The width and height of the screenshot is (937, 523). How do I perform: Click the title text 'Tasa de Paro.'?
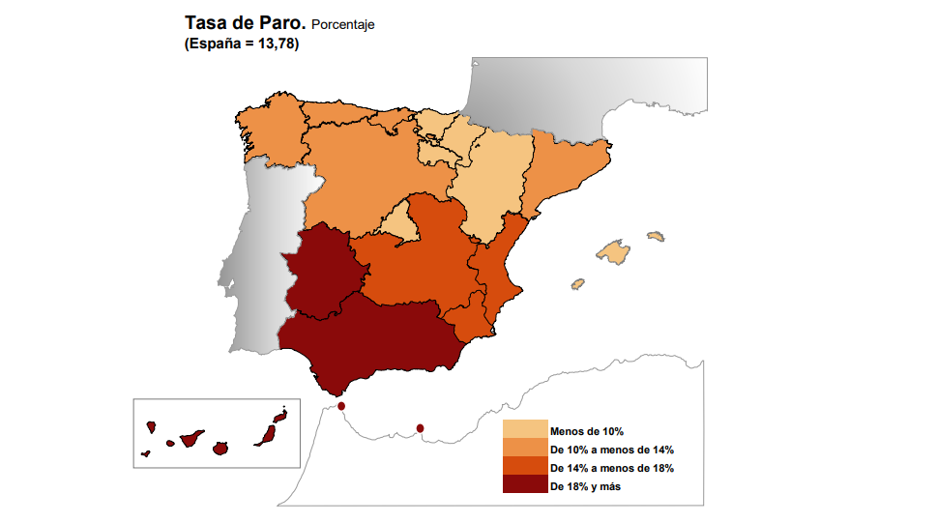(x=246, y=22)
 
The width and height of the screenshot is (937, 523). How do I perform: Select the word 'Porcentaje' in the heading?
(x=342, y=25)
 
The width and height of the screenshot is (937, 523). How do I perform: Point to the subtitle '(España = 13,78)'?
(x=241, y=44)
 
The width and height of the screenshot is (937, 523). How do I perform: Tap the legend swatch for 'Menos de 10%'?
(x=524, y=430)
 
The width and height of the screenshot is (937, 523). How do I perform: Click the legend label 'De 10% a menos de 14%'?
(x=611, y=450)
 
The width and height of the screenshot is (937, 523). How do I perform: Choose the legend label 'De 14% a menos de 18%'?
(x=611, y=469)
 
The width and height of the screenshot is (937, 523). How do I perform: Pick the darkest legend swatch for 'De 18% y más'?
(x=524, y=485)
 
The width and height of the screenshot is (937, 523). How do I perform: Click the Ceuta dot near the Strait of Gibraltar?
(x=341, y=407)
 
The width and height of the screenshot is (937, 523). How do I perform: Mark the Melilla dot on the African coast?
(x=420, y=428)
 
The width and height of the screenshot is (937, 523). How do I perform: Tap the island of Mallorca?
(x=613, y=253)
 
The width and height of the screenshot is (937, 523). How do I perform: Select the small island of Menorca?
(x=656, y=236)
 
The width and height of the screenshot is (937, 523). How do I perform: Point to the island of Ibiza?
(x=578, y=284)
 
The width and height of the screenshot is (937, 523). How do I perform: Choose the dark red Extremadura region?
(x=324, y=273)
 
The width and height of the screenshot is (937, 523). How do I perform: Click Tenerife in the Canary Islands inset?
(x=189, y=439)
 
